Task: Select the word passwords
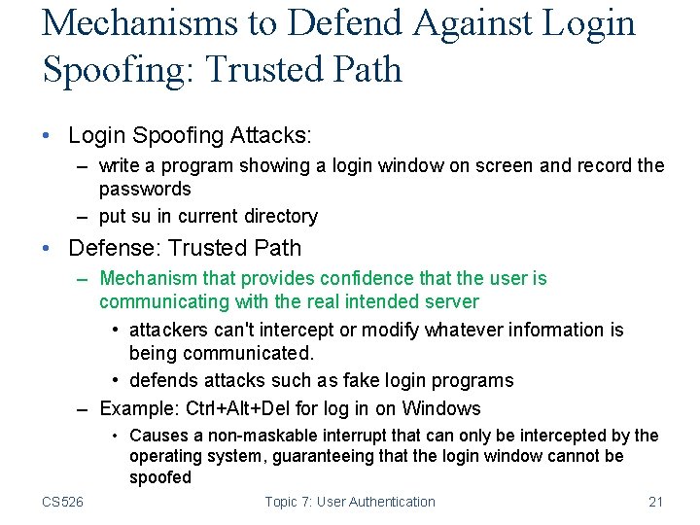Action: point(145,189)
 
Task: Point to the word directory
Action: point(273,216)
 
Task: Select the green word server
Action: point(450,302)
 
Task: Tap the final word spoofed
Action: point(160,477)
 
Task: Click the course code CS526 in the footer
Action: point(62,502)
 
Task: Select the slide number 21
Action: point(655,502)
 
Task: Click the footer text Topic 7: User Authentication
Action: point(350,502)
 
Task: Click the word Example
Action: point(132,408)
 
